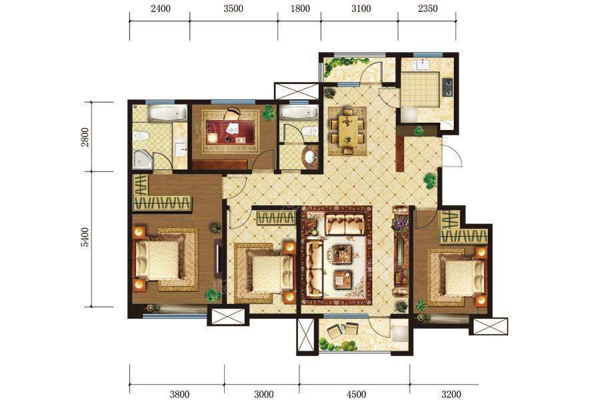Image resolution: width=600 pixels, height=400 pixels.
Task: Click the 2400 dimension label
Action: tap(160, 9)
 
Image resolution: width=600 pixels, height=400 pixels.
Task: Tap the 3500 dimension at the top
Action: tap(233, 9)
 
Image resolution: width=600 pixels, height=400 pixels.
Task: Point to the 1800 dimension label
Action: tap(300, 9)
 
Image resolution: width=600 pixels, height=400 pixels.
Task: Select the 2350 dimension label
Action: tap(428, 9)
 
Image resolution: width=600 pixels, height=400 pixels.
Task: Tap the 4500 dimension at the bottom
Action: tap(356, 394)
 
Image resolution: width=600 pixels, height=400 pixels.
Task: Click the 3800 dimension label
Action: tap(179, 394)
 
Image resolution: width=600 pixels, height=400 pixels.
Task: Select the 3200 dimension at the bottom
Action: tap(451, 394)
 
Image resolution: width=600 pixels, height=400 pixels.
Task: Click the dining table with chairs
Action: tap(347, 131)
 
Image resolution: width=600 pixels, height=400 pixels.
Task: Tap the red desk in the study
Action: tap(230, 132)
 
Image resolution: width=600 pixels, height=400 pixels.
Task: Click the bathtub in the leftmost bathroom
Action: tap(167, 114)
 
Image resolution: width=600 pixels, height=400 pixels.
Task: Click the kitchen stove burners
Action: tap(447, 87)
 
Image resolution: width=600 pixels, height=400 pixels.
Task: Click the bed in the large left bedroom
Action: tap(157, 259)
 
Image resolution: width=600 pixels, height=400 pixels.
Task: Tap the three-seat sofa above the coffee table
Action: tap(345, 224)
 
